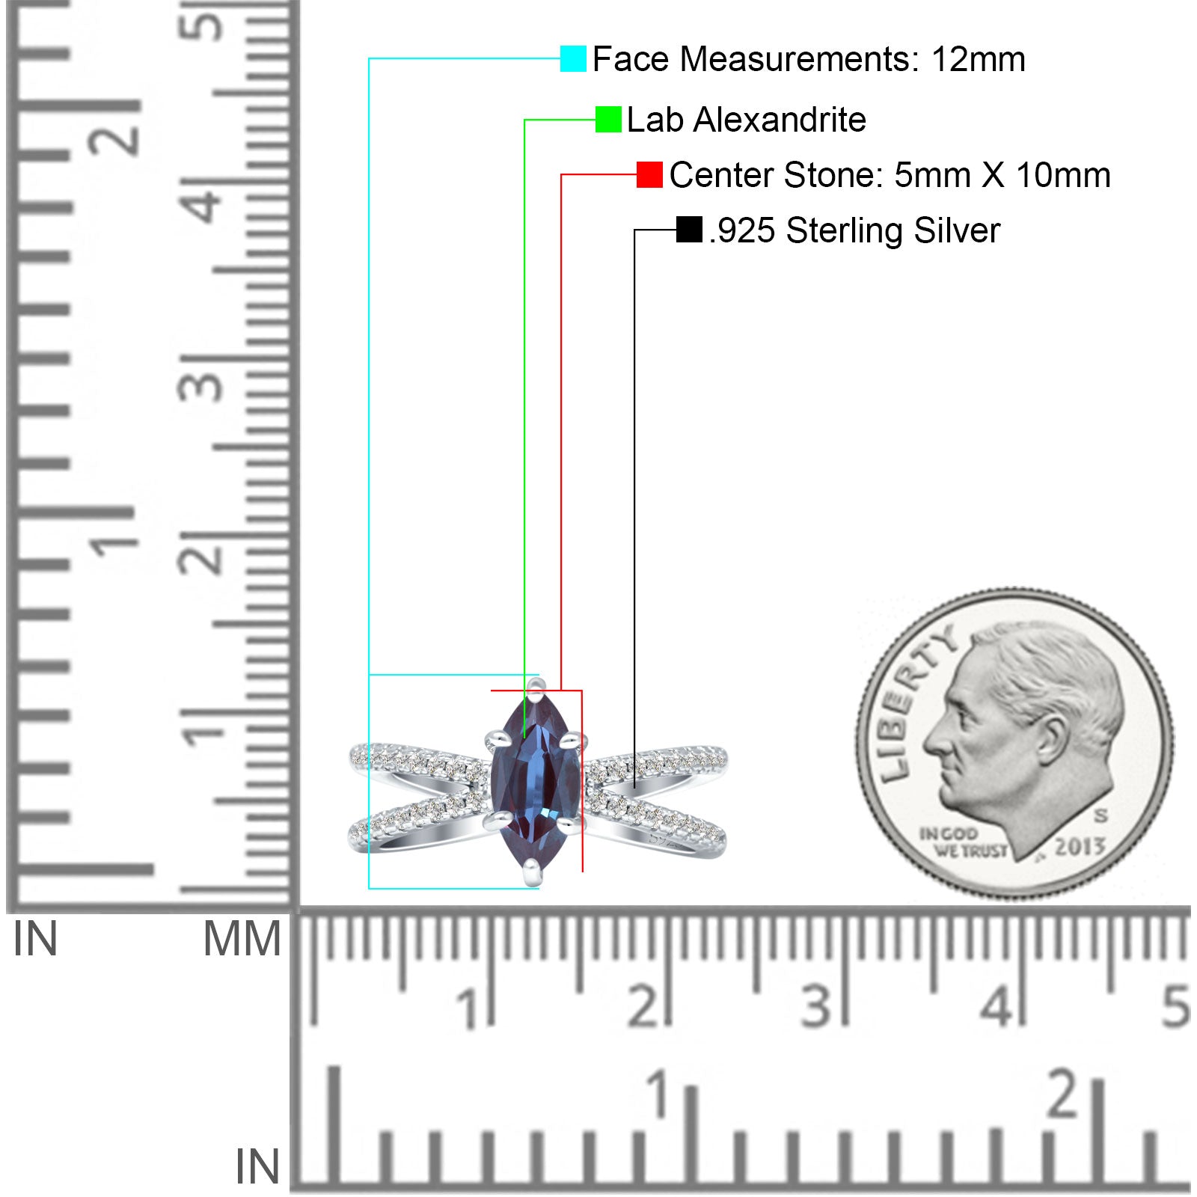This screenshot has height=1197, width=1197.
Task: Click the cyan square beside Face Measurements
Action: pos(573,58)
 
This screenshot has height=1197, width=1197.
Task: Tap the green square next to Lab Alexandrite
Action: pos(608,120)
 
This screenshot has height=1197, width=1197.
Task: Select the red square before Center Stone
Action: pos(649,175)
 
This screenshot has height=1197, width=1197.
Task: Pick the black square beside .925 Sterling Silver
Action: pos(689,230)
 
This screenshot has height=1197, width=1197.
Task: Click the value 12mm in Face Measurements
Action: pos(978,59)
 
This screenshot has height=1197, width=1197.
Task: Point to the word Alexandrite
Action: pos(780,120)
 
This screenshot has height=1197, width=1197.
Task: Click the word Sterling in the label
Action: pos(845,230)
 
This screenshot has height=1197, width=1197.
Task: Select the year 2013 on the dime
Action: pos(1080,847)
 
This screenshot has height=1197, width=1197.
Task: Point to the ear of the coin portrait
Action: pos(1053,739)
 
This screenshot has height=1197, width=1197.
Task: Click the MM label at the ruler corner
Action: pos(242,939)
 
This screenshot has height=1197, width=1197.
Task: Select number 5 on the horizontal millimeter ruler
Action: pos(1175,1006)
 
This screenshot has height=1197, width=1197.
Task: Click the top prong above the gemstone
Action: pos(534,685)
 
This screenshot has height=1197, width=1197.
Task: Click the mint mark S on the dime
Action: pos(1101,815)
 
